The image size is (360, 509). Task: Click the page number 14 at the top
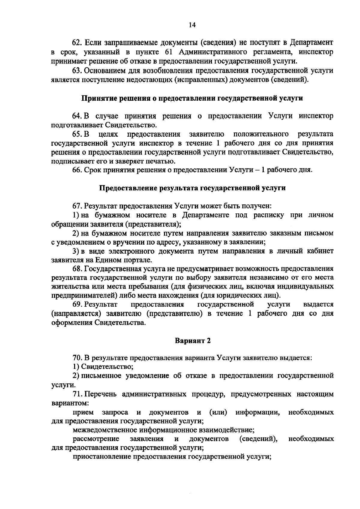coord(192,25)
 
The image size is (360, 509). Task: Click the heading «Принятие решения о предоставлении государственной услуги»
coord(192,98)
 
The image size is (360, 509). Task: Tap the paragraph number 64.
coord(77,116)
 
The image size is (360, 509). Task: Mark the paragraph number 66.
coord(77,170)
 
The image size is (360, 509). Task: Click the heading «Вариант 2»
coord(192,341)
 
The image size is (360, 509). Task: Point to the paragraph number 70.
coord(77,358)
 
